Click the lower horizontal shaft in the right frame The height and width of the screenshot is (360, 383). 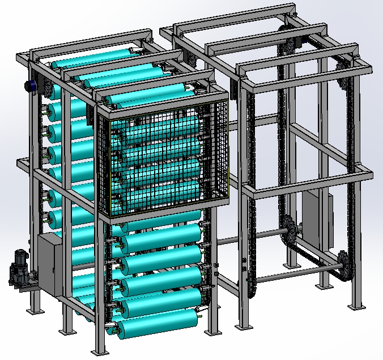(295, 277)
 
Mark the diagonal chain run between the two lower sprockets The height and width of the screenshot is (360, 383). (315, 248)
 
